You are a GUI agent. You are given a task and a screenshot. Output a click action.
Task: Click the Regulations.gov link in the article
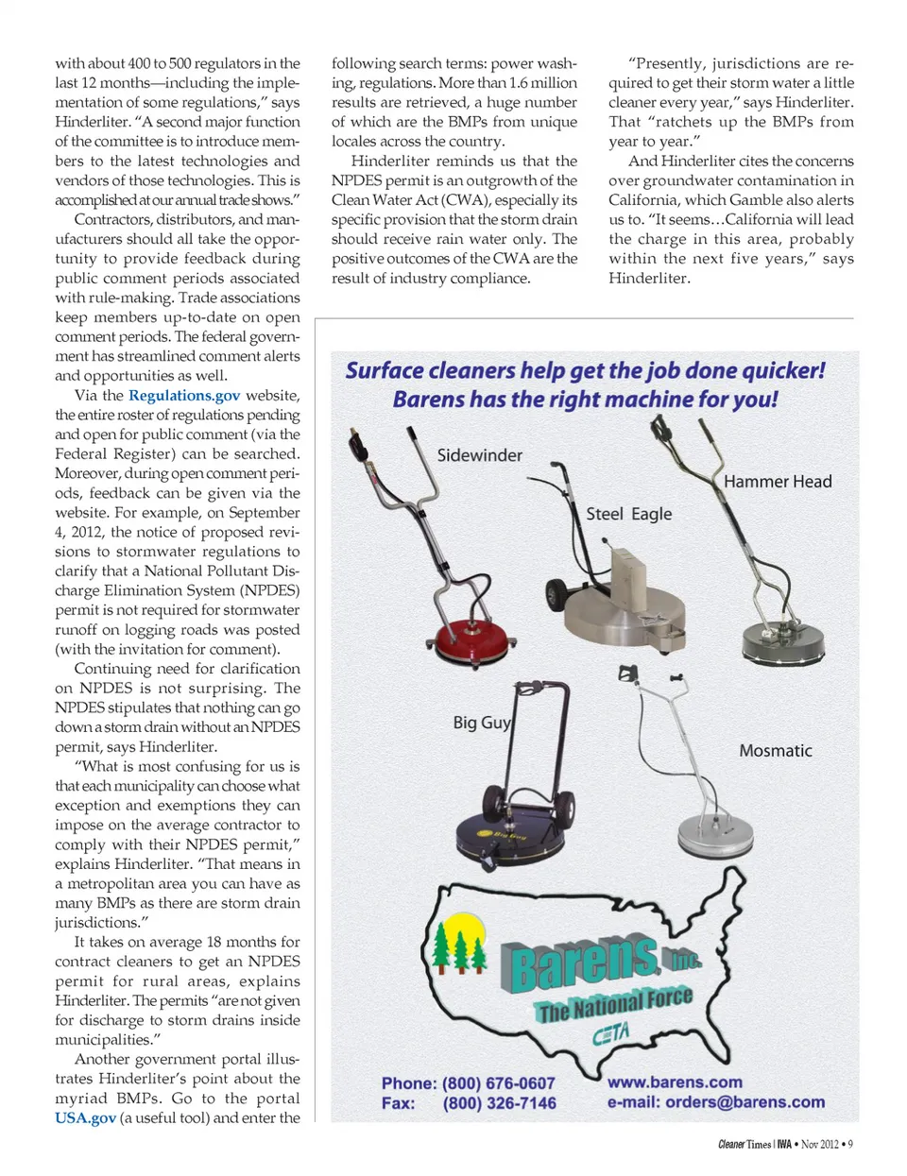(184, 396)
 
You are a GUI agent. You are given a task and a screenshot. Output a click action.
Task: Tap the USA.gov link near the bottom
(85, 1118)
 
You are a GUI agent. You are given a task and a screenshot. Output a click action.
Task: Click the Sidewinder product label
(479, 455)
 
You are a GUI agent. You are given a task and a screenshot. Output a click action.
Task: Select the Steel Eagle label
(628, 514)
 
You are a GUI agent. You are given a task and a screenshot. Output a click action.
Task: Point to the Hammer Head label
(778, 482)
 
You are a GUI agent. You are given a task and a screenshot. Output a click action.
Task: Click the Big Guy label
(482, 723)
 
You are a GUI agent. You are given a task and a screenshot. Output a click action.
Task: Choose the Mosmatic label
(775, 751)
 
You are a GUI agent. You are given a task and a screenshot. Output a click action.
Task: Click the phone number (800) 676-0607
(499, 1083)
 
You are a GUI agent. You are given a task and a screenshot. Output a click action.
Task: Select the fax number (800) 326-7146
(499, 1103)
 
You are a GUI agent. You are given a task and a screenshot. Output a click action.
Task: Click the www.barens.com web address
(675, 1082)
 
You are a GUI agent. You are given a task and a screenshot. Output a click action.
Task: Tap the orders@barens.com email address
(744, 1102)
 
